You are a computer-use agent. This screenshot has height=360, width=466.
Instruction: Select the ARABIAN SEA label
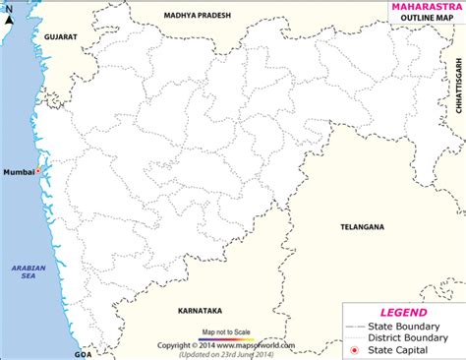22,274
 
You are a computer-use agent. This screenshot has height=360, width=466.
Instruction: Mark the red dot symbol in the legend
353,350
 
